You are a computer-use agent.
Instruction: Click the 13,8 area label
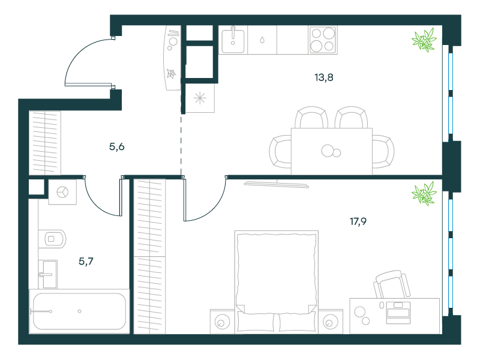pyautogui.click(x=323, y=77)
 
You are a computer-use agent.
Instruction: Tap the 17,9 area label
pyautogui.click(x=358, y=221)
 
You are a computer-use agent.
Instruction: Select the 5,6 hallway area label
pyautogui.click(x=116, y=146)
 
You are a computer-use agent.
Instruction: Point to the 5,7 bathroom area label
pyautogui.click(x=86, y=261)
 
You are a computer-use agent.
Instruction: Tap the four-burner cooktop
pyautogui.click(x=323, y=40)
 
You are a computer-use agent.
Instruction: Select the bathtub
pyautogui.click(x=79, y=311)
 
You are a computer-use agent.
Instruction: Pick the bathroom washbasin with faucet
pyautogui.click(x=48, y=274)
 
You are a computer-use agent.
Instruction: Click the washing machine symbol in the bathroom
pyautogui.click(x=62, y=192)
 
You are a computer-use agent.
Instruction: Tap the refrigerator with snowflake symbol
pyautogui.click(x=200, y=98)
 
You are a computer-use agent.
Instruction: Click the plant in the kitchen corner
pyautogui.click(x=424, y=40)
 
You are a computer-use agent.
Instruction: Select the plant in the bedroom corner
pyautogui.click(x=424, y=193)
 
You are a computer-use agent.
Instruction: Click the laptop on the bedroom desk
pyautogui.click(x=398, y=313)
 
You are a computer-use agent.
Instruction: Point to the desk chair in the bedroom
pyautogui.click(x=392, y=284)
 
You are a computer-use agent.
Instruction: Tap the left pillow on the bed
pyautogui.click(x=256, y=322)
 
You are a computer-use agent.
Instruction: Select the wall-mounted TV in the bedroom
pyautogui.click(x=277, y=184)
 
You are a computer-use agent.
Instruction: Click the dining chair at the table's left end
pyautogui.click(x=280, y=152)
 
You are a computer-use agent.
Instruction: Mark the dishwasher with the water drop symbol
pyautogui.click(x=262, y=40)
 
